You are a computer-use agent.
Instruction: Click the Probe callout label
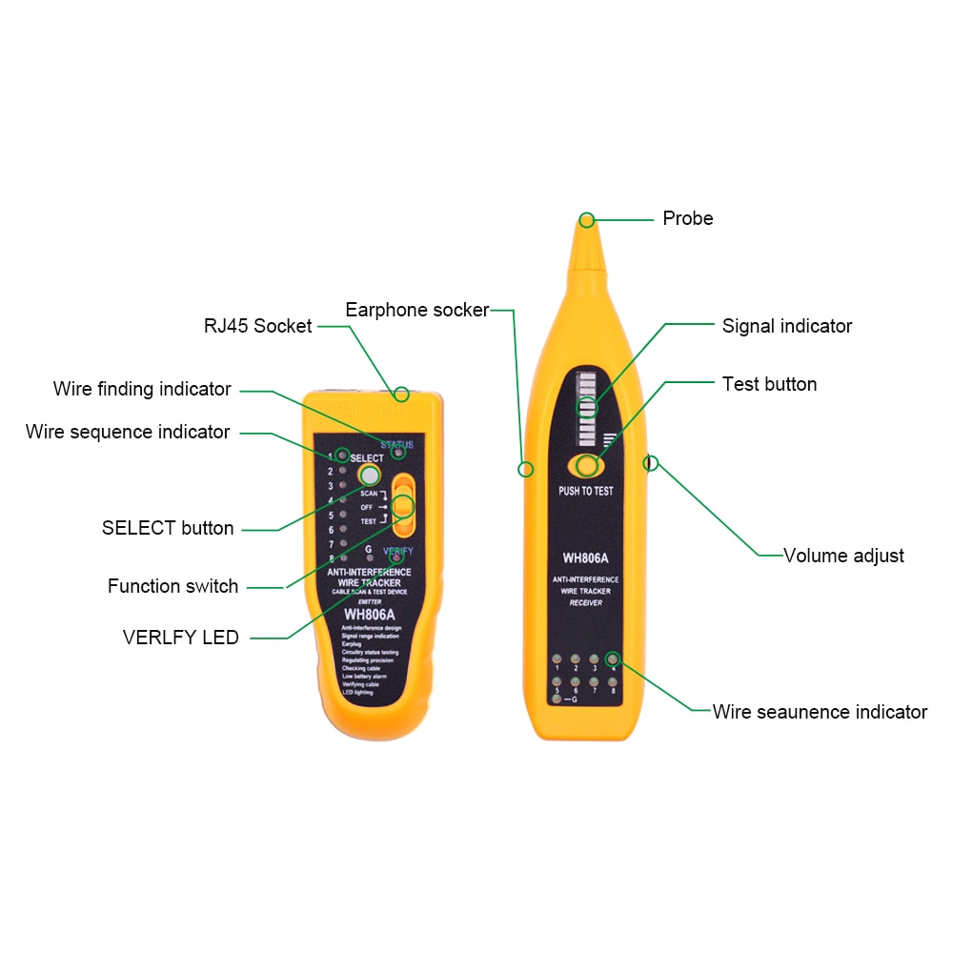(x=687, y=218)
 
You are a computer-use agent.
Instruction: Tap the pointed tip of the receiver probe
(x=587, y=221)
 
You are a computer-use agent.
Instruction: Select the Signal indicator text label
(x=786, y=326)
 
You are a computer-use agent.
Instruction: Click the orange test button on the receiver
(x=586, y=465)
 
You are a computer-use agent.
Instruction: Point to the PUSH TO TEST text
(x=586, y=492)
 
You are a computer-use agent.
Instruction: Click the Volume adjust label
(x=842, y=556)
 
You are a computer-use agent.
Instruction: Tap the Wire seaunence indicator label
(x=819, y=712)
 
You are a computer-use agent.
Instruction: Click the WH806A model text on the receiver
(x=586, y=558)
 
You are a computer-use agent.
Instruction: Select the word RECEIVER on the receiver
(x=585, y=603)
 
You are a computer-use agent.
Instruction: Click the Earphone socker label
(x=416, y=310)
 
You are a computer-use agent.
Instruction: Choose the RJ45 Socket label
(x=257, y=326)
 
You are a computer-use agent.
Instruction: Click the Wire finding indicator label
(x=142, y=389)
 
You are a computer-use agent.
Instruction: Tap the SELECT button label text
(x=168, y=528)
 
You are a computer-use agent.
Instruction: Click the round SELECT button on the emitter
(x=369, y=475)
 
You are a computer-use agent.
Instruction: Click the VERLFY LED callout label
(x=180, y=638)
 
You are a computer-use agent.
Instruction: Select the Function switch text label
(x=172, y=586)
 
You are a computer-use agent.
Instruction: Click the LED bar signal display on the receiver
(x=586, y=408)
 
